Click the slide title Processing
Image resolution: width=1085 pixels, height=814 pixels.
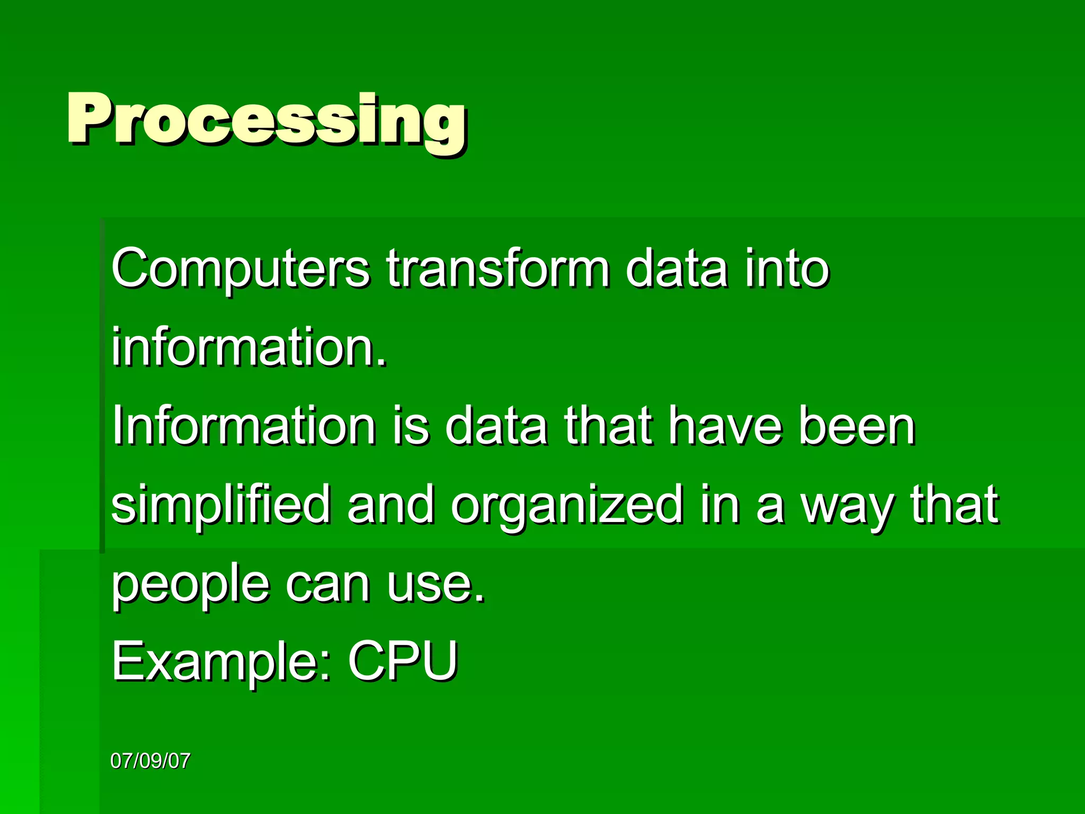[x=266, y=121]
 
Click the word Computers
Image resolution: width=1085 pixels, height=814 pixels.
[x=239, y=269]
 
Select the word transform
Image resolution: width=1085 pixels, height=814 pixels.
[x=497, y=269]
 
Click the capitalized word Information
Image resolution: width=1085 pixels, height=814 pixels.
[x=244, y=426]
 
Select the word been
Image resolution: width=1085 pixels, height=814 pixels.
[x=857, y=426]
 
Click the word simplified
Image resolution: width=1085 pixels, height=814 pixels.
[x=220, y=505]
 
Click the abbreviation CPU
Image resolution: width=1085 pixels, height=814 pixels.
[x=403, y=661]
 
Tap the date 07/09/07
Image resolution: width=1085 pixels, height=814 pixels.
[x=150, y=761]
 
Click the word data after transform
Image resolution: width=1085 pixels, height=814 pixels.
[x=676, y=269]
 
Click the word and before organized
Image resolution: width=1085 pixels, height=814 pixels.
[x=390, y=505]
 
